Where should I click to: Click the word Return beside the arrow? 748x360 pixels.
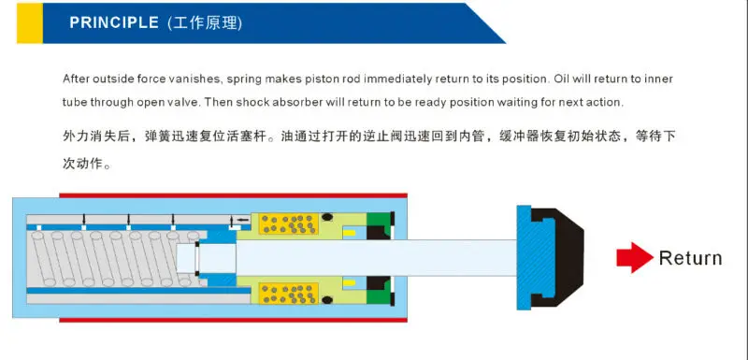pos(690,258)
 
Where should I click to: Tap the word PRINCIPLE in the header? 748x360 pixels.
pos(113,23)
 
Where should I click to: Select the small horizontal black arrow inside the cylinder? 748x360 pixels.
pos(242,220)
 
